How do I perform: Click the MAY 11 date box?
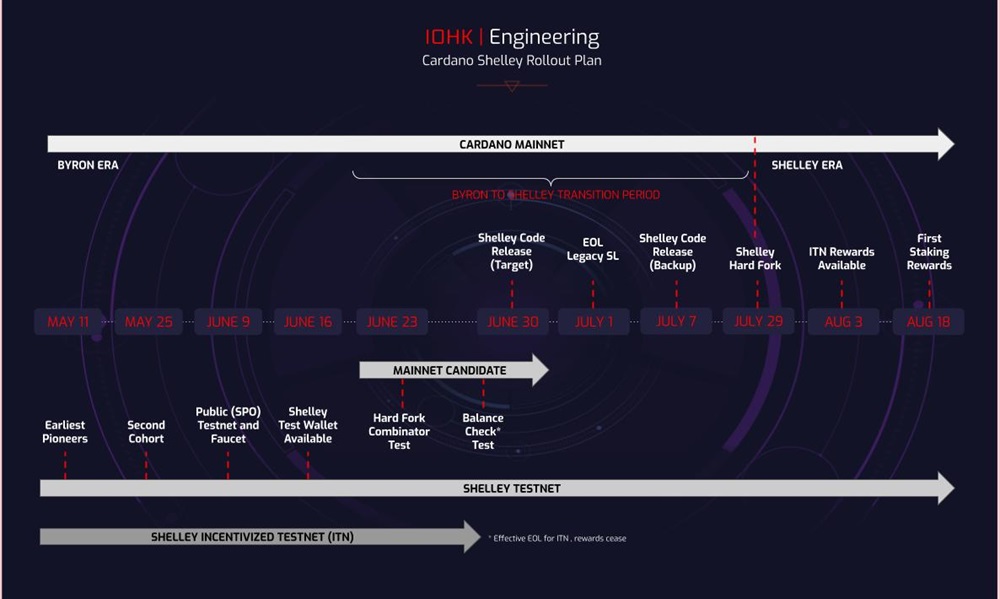pos(68,322)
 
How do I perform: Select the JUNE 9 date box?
pos(228,322)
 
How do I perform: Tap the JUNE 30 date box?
pos(512,322)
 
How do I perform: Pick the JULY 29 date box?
pos(758,322)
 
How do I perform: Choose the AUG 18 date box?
pos(928,322)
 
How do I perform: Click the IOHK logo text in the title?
pos(449,38)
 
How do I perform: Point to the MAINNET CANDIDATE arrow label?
pos(449,370)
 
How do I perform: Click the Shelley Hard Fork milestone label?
pos(755,258)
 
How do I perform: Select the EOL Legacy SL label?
pos(593,249)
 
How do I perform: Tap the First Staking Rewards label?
pos(929,252)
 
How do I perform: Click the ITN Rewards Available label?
pos(842,258)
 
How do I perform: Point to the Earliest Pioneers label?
pos(65,432)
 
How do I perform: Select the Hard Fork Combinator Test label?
pos(400,432)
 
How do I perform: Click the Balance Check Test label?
pos(483,432)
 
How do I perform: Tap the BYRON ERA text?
pos(88,165)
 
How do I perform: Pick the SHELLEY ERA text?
pos(806,165)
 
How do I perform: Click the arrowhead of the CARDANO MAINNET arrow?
pos(945,144)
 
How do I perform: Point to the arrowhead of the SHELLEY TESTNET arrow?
pos(945,489)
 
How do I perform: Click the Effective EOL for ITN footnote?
pos(558,538)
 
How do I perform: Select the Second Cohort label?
pos(146,432)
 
